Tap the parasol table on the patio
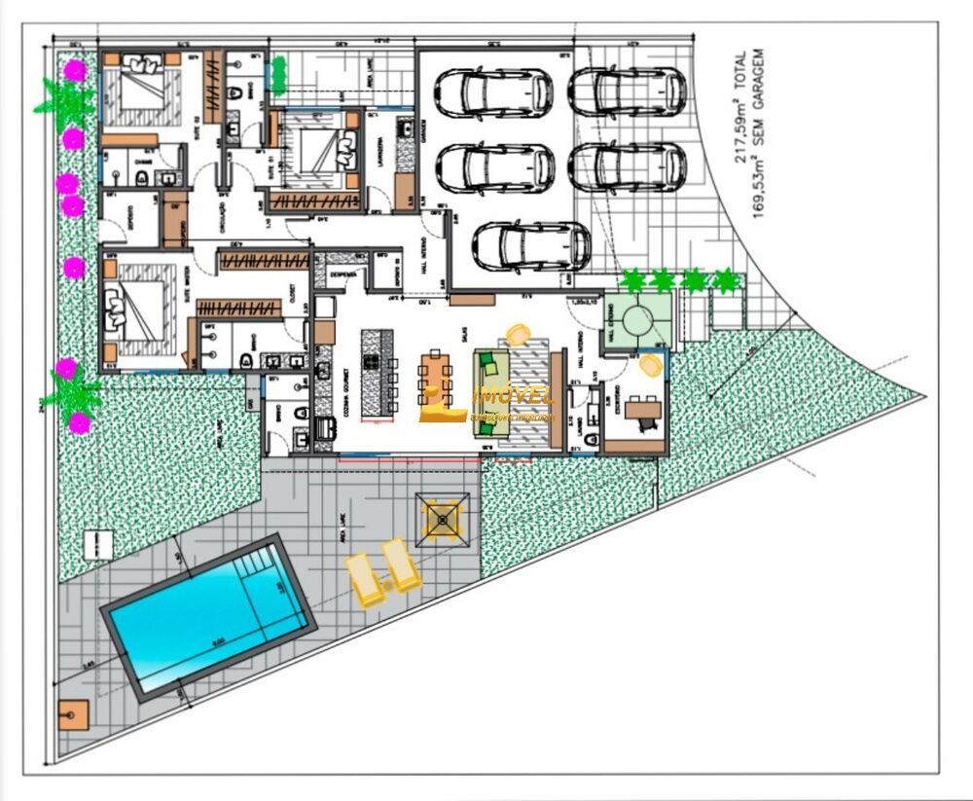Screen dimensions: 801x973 click(x=445, y=520)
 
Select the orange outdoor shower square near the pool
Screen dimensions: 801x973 click(x=72, y=716)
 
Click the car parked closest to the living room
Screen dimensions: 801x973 click(x=530, y=245)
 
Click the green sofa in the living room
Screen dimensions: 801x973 click(x=491, y=386)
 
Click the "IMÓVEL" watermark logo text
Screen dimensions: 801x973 click(x=511, y=396)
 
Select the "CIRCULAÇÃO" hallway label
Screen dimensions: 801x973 click(x=222, y=208)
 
